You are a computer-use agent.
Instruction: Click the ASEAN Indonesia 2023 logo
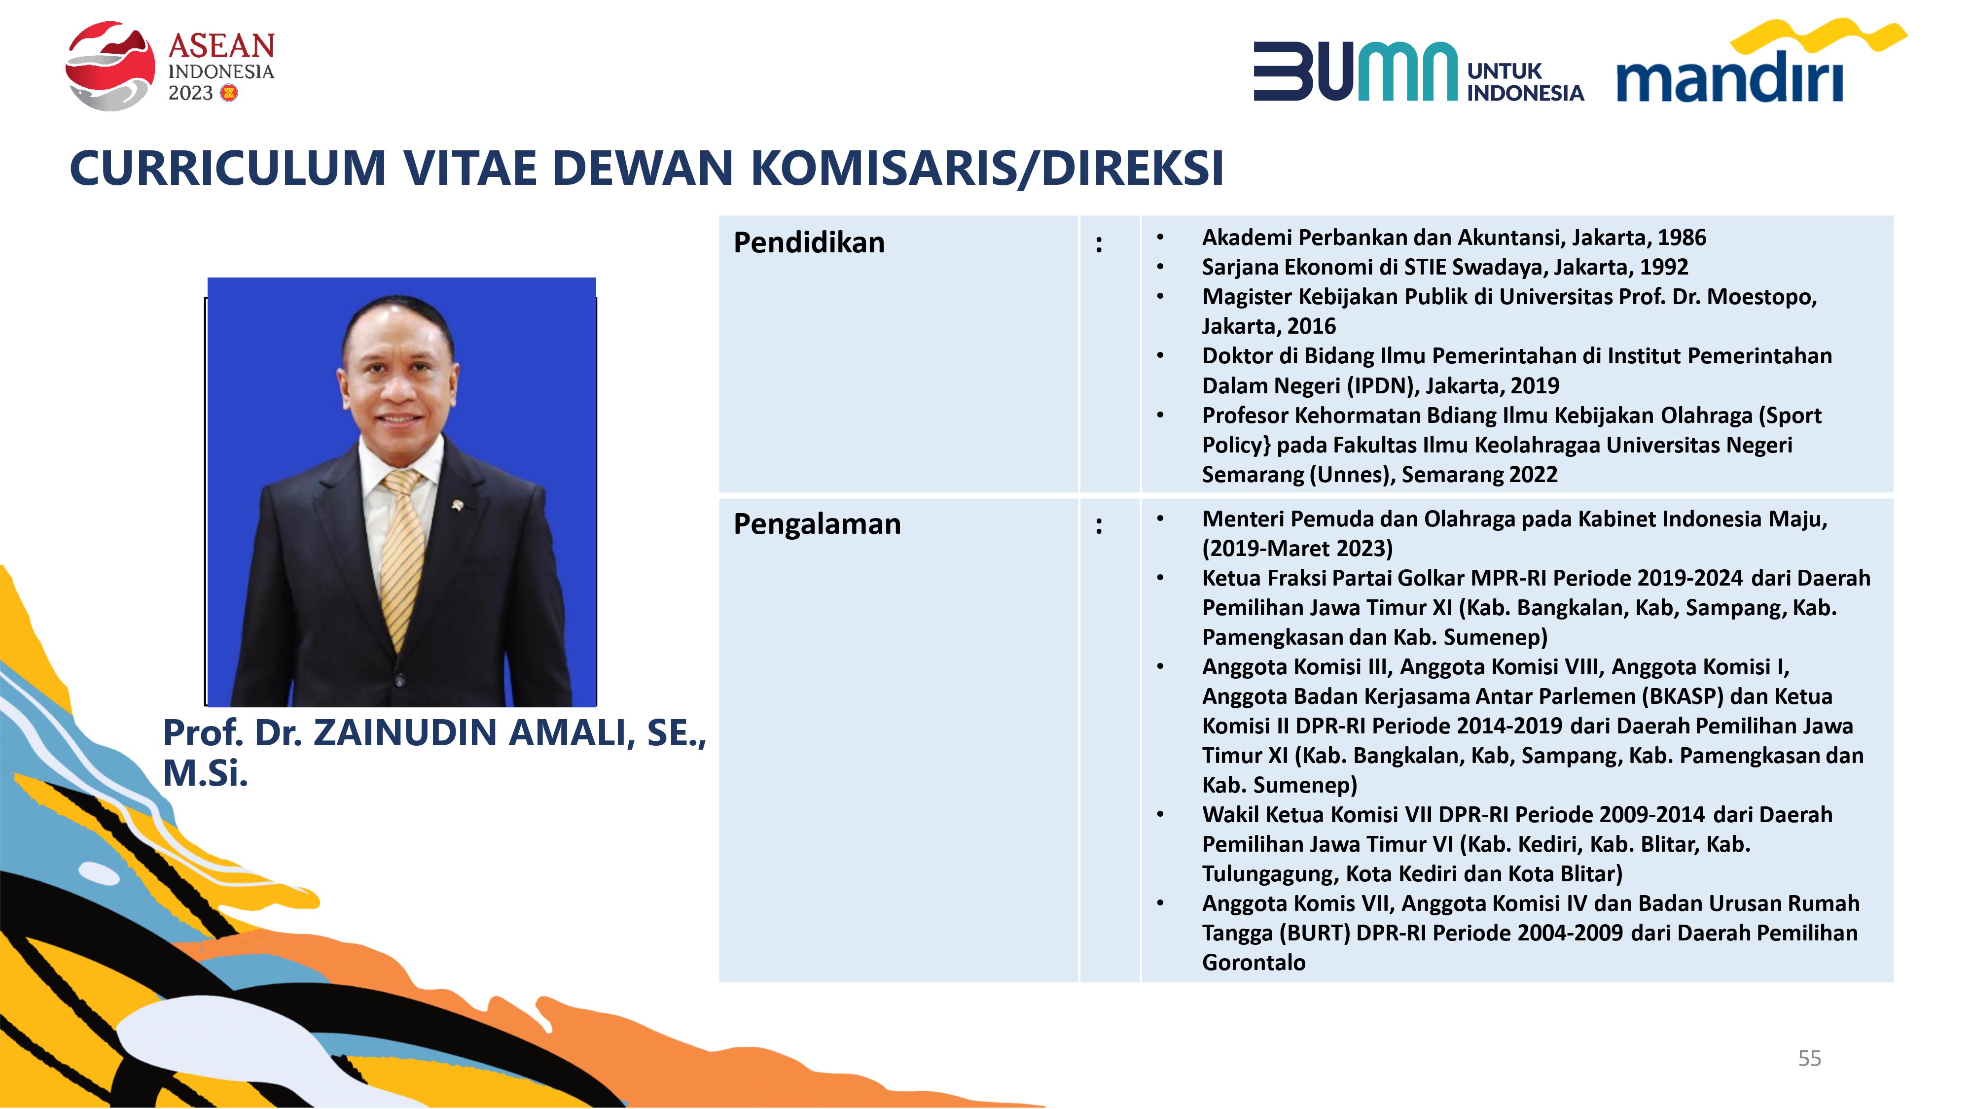170,66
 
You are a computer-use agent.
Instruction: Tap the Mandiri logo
1761,61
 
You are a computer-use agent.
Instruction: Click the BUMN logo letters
1355,71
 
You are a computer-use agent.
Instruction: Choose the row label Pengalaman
817,524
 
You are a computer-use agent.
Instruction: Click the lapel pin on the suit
458,505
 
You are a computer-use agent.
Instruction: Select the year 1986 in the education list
1682,237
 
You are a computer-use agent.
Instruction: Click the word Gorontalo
1254,962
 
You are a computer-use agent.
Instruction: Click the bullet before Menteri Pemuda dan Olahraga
1160,519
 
